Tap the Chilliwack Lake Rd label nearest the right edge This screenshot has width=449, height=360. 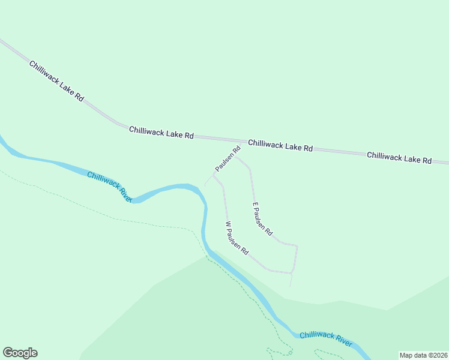tap(399, 157)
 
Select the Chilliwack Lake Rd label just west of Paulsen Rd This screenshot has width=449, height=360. tap(161, 133)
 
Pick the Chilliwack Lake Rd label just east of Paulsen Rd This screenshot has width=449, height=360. tap(280, 145)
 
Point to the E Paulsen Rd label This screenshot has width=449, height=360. tap(262, 218)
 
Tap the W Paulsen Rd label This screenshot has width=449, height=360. tap(237, 239)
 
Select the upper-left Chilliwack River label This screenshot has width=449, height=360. tap(109, 187)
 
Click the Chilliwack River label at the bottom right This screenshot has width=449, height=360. tap(325, 338)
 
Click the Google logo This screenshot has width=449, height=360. tap(20, 353)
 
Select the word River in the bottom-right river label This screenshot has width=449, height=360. tap(343, 341)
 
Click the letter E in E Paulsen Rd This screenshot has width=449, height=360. tap(255, 205)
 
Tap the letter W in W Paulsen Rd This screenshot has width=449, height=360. tap(228, 224)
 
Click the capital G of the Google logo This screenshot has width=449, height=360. tap(7, 353)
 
